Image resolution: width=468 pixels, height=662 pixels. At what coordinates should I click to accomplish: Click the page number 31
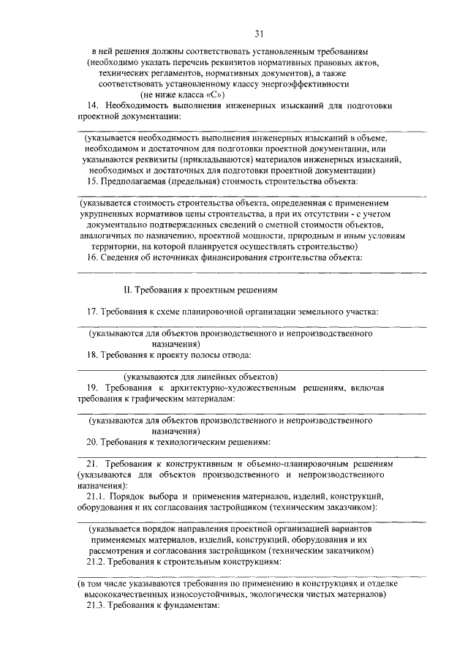pyautogui.click(x=257, y=33)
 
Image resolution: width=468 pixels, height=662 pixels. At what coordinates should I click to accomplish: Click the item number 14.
pyautogui.click(x=93, y=105)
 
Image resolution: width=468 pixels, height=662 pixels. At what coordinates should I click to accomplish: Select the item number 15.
pyautogui.click(x=93, y=180)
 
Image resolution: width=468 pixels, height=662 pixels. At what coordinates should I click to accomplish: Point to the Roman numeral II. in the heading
pyautogui.click(x=127, y=291)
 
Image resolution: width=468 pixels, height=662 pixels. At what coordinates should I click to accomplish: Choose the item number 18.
pyautogui.click(x=93, y=355)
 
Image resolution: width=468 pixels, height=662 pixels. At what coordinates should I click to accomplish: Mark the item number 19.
pyautogui.click(x=93, y=388)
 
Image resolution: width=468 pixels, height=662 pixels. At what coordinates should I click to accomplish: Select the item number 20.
pyautogui.click(x=93, y=442)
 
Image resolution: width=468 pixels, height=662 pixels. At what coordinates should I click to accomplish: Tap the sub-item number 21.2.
pyautogui.click(x=97, y=561)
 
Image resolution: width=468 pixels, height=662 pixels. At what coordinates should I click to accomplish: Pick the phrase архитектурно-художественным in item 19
pyautogui.click(x=227, y=388)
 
